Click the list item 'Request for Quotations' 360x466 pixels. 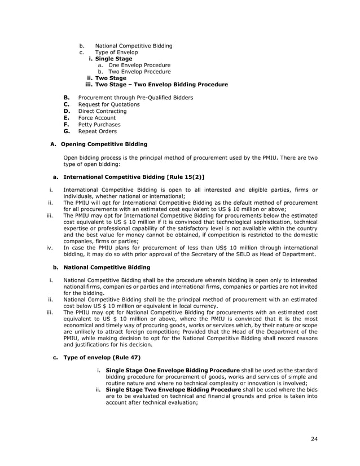(x=109, y=104)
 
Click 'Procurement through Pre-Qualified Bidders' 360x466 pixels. (x=135, y=98)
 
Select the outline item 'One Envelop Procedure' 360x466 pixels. (x=139, y=65)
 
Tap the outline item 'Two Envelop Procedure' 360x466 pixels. (x=139, y=72)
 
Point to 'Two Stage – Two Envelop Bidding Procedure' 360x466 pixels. (x=161, y=85)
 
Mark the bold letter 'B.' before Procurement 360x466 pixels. (x=66, y=98)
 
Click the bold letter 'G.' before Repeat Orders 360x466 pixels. (x=66, y=131)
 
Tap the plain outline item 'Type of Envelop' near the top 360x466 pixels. (x=116, y=52)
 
